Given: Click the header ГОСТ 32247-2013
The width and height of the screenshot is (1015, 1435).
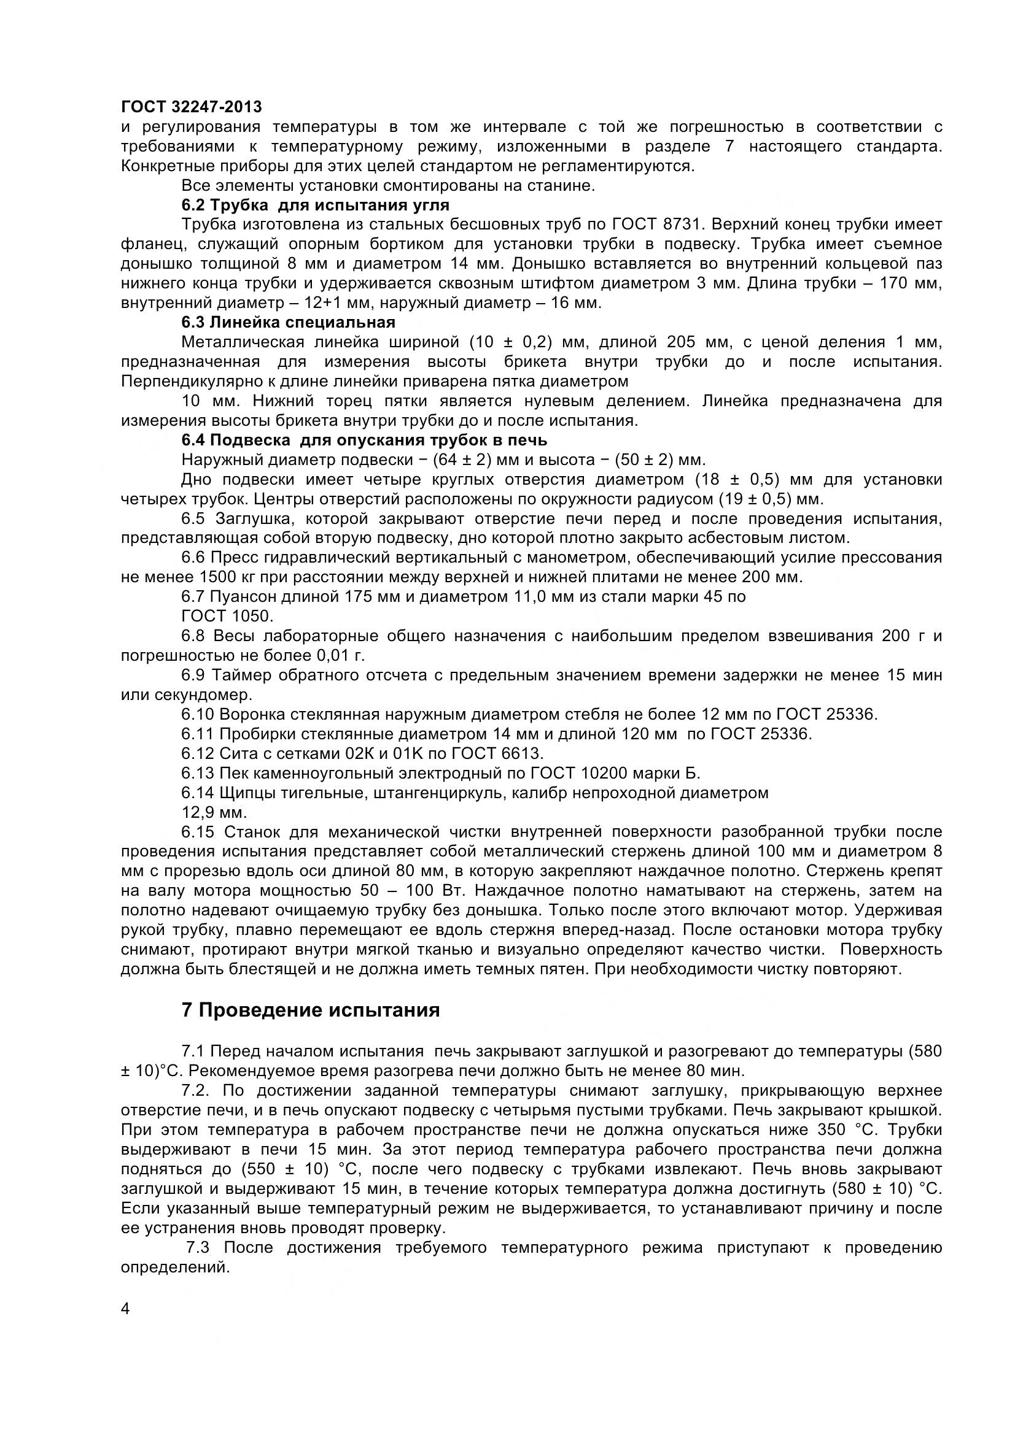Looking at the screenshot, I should [x=192, y=107].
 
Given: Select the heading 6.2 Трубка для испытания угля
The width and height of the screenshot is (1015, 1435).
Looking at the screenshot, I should [x=315, y=205].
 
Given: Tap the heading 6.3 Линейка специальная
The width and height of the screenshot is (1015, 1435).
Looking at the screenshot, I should [x=289, y=323].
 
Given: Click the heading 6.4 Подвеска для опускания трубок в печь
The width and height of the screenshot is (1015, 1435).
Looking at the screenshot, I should [x=364, y=440].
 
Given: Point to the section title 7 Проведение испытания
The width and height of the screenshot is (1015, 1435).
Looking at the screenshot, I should [x=311, y=1010].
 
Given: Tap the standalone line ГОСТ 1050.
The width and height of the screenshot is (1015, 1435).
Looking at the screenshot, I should [x=227, y=616].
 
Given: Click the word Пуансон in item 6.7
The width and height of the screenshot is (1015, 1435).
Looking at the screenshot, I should [x=244, y=597].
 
